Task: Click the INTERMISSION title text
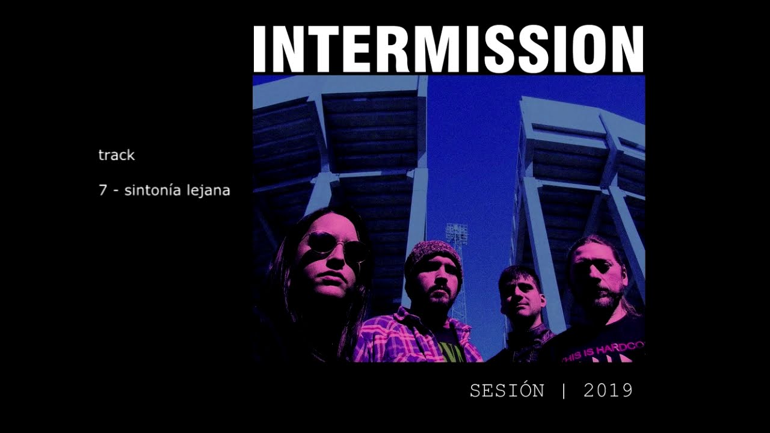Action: (x=448, y=49)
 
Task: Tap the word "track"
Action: (x=116, y=155)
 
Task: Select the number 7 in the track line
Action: (x=102, y=191)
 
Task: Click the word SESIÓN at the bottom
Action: (x=507, y=391)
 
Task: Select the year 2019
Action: (x=608, y=391)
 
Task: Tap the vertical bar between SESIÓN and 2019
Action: (x=564, y=391)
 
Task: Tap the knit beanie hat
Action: (x=433, y=254)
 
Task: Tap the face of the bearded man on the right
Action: (x=596, y=278)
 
